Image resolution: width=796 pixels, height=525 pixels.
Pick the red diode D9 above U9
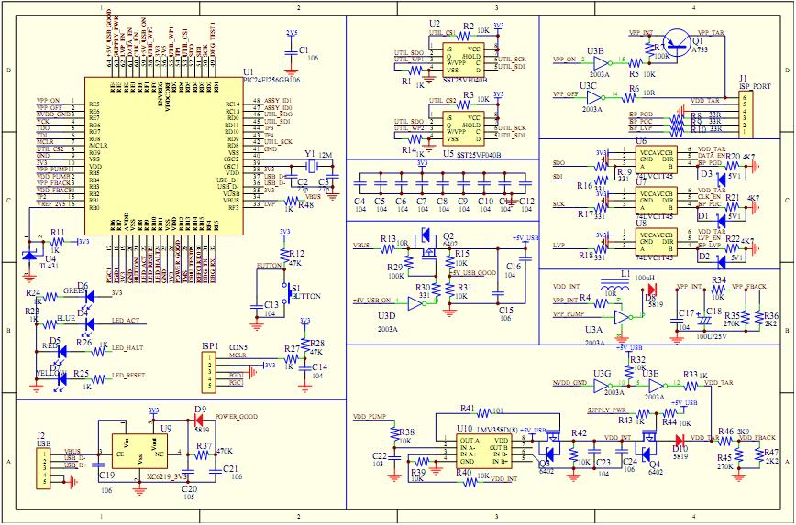199,418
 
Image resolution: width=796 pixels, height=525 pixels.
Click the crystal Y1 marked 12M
310,165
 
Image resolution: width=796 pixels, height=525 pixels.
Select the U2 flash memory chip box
460,58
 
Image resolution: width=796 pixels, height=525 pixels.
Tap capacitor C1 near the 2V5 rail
292,53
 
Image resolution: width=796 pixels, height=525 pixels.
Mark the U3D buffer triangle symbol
415,301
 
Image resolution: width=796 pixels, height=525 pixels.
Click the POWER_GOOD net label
235,415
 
